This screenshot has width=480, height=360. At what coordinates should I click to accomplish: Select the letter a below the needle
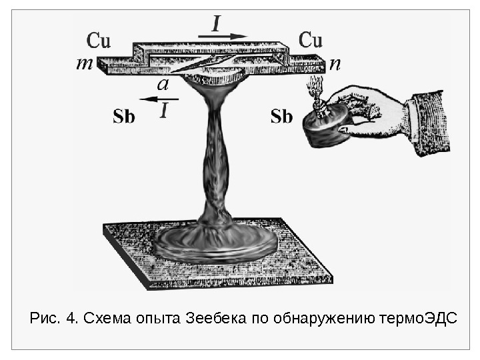coord(162,85)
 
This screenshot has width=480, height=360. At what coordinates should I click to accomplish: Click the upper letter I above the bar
coord(217,24)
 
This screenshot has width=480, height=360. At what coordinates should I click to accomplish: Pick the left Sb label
coord(124,117)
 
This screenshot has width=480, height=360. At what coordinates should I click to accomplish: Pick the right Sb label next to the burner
coord(282,117)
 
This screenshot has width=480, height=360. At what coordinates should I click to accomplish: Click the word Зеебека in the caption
coord(213,316)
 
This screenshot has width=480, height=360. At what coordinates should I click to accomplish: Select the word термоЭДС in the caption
coord(417,316)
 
